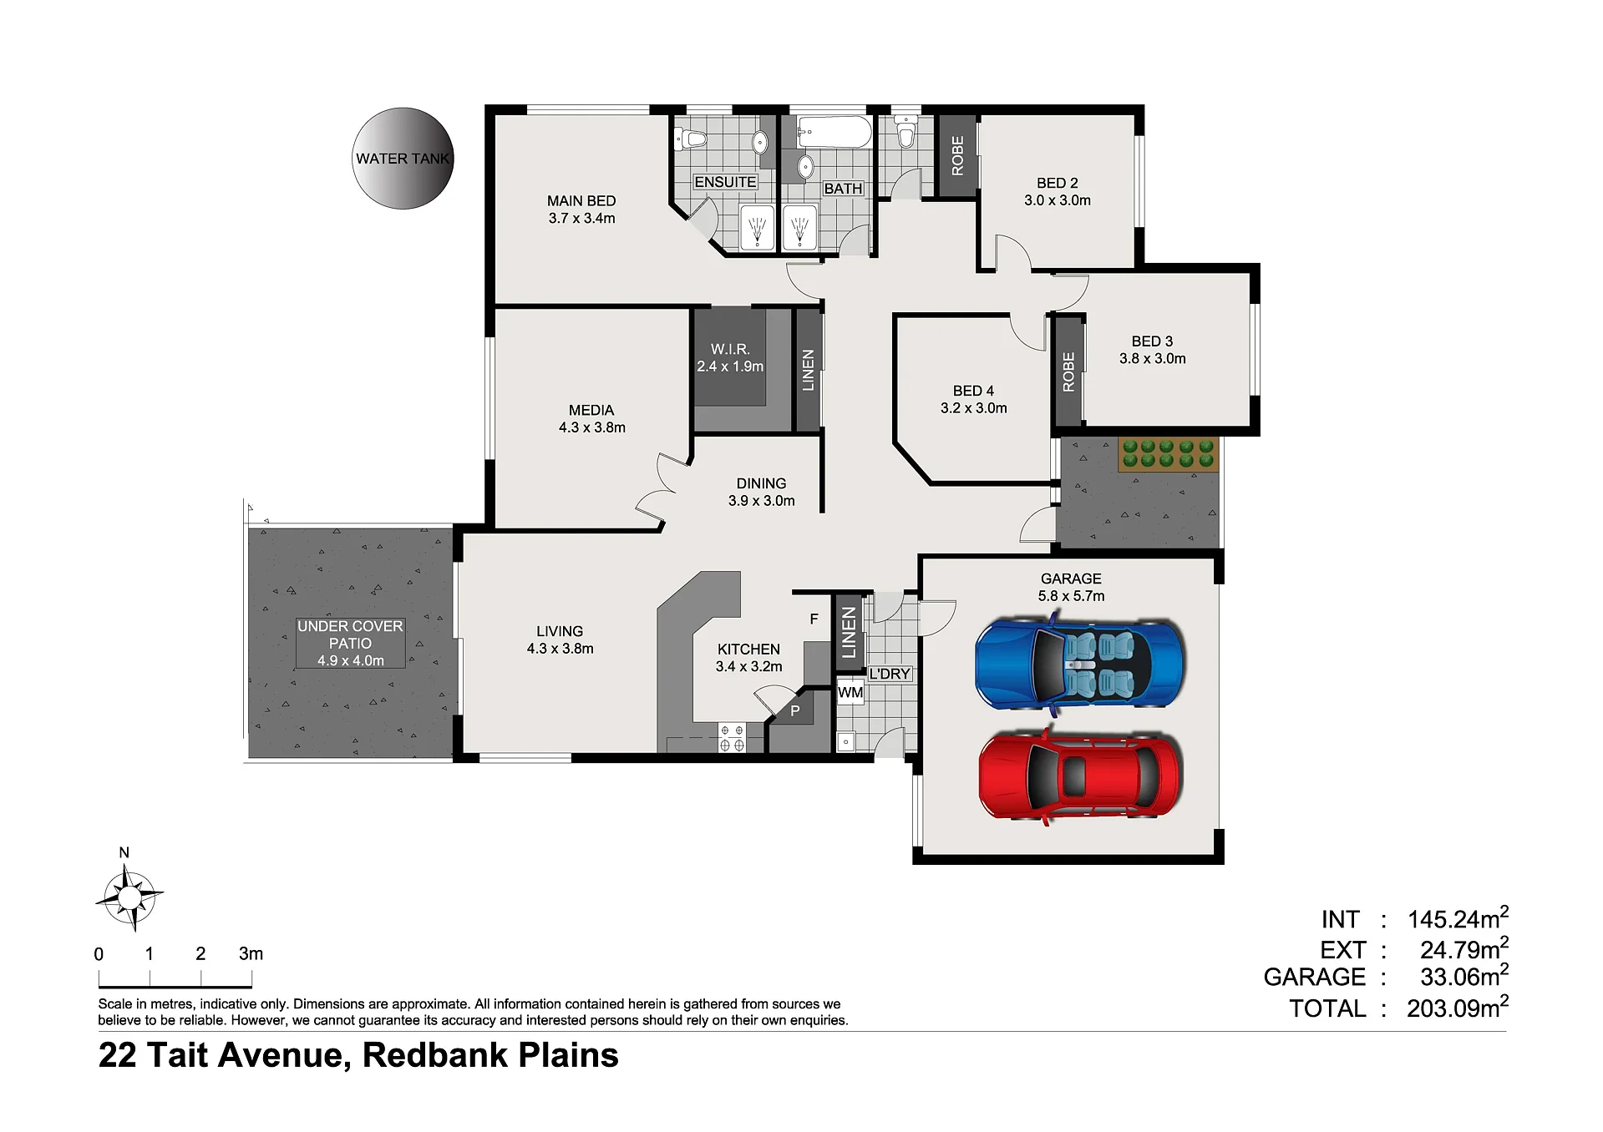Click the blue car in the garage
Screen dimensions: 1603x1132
1079,665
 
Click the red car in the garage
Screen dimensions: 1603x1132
1080,776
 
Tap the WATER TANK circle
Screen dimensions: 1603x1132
403,158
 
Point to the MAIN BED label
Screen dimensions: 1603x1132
581,210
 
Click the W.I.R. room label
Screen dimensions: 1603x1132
730,357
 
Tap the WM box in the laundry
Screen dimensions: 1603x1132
850,692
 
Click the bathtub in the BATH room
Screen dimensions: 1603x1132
834,132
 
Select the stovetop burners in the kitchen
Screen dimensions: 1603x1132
732,737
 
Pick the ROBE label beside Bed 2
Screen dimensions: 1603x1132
957,155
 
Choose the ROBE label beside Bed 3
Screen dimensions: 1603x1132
1068,372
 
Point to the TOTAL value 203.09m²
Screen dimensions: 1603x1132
1458,1007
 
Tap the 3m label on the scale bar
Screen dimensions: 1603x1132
251,953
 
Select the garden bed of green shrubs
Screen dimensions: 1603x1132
1169,454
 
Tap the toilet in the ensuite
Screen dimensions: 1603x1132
691,139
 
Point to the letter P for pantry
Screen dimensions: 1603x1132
795,711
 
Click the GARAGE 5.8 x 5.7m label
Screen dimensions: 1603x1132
1071,587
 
